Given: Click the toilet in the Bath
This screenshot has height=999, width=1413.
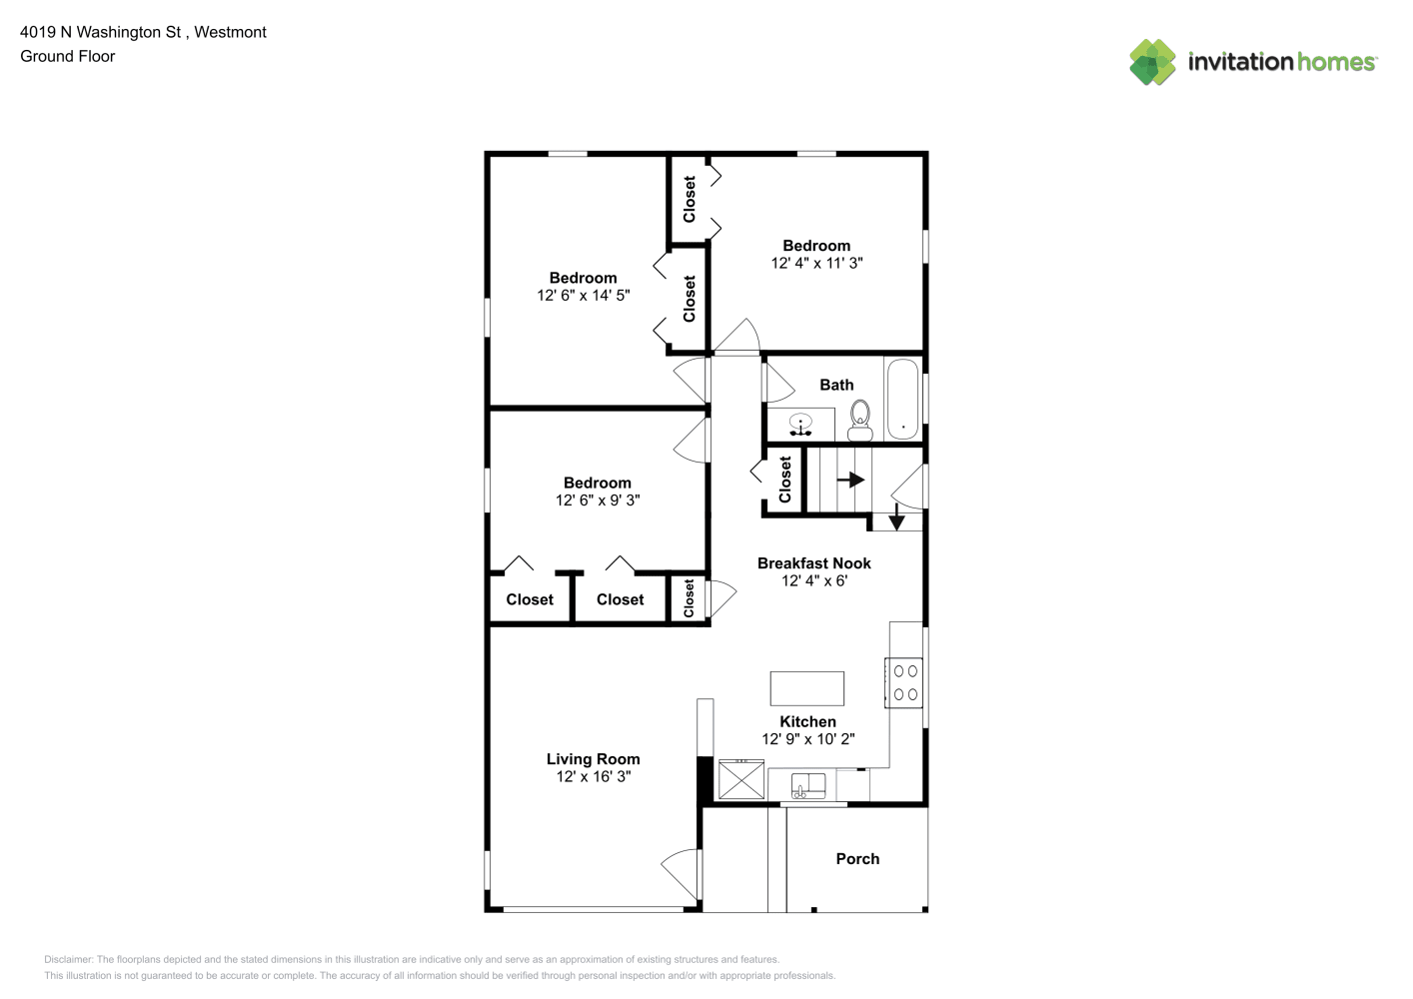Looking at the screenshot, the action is (859, 420).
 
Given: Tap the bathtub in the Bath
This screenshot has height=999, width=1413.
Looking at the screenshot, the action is (902, 400).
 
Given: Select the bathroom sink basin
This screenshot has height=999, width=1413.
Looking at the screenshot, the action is (800, 425).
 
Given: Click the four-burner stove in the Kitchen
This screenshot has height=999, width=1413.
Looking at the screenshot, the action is (904, 682).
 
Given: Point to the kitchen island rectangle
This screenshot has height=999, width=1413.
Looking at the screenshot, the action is (806, 688).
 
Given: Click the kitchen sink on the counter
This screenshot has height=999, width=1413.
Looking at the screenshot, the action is (808, 786).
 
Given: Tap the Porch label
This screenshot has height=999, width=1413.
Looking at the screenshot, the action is (857, 858).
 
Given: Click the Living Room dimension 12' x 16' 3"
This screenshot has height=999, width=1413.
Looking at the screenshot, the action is (593, 776).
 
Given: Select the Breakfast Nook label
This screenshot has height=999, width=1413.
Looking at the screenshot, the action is (813, 563).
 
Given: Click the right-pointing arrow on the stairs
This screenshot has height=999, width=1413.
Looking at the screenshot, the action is (850, 480).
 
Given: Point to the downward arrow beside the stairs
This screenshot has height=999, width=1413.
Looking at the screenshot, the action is (896, 516).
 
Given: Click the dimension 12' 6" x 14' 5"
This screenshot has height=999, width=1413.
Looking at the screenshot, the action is (583, 295).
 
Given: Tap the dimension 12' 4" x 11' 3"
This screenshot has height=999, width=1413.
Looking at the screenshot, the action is (816, 263).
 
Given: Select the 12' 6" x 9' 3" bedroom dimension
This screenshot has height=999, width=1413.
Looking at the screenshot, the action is (598, 500).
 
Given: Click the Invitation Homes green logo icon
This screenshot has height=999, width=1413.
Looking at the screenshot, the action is (1152, 62).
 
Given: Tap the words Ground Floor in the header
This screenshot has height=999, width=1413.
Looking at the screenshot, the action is (68, 56).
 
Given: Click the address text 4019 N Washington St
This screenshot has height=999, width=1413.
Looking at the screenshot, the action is (100, 32).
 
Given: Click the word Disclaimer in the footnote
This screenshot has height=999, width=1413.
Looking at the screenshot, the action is (68, 959).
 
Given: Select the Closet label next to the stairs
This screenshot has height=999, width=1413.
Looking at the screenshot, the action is (784, 480).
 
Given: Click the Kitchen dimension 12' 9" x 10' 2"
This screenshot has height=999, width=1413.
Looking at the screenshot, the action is (807, 738).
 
